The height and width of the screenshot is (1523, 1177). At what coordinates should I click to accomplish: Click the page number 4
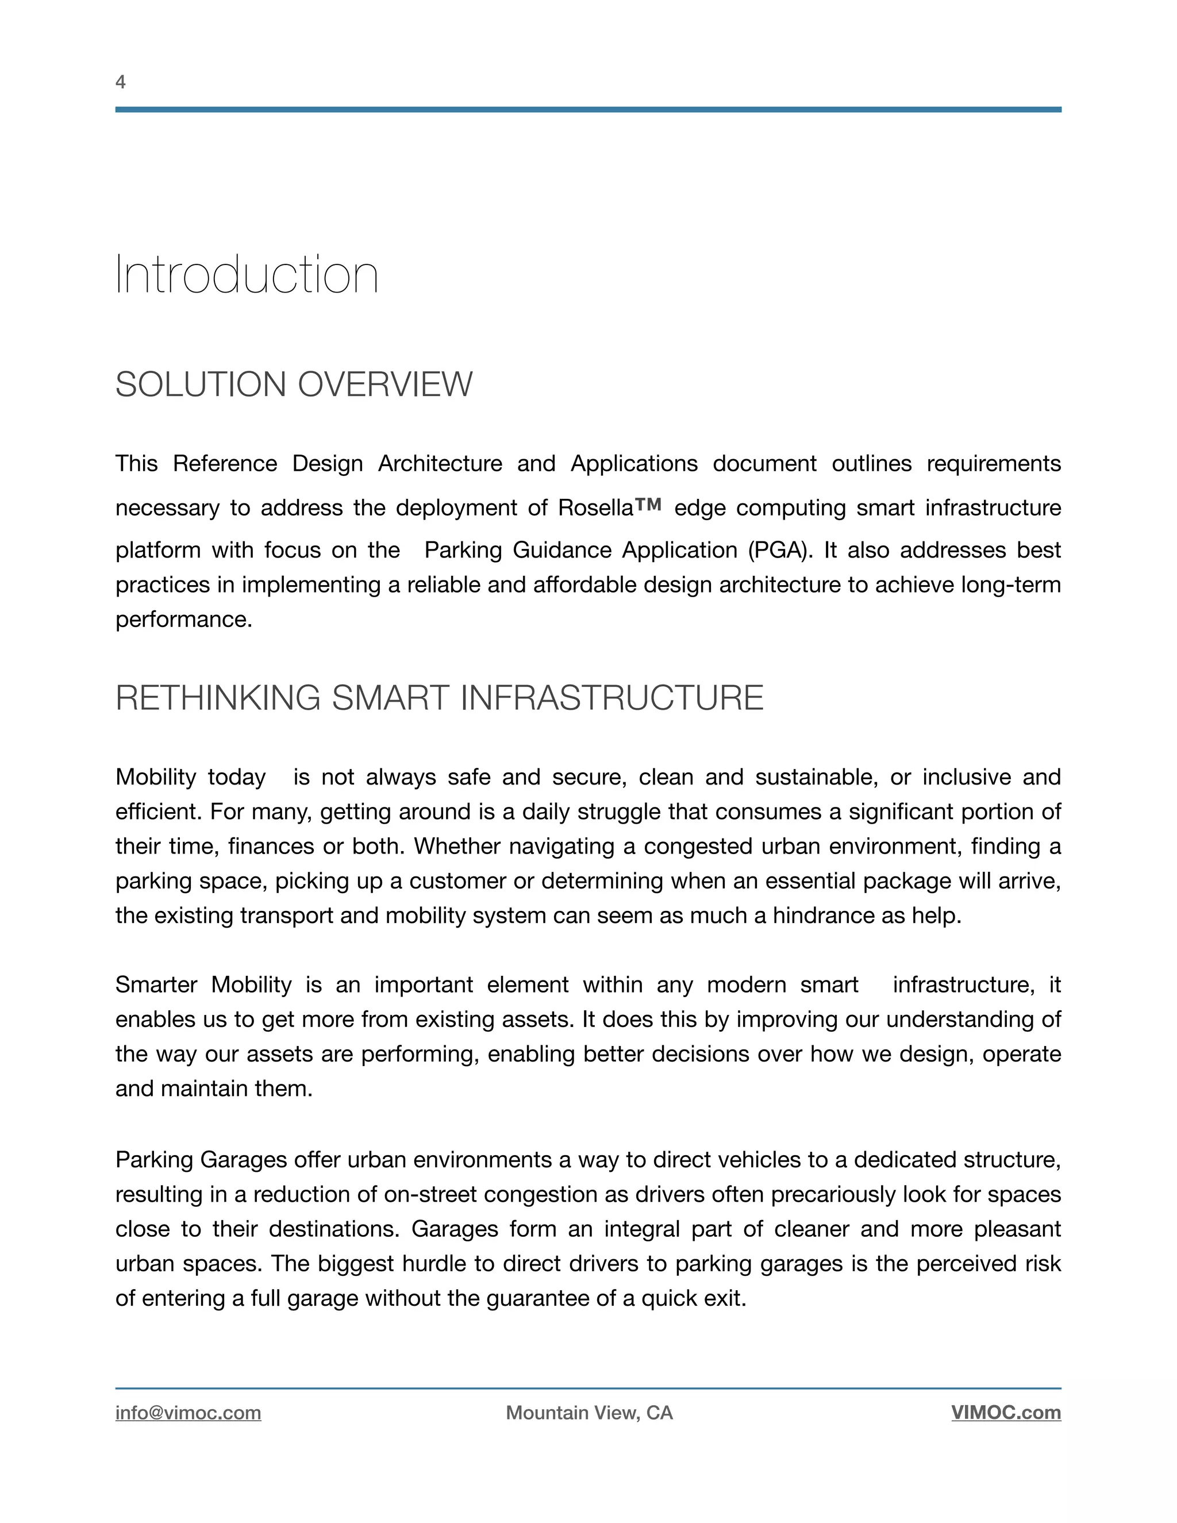tap(120, 82)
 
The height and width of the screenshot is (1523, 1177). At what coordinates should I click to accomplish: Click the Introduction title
tap(246, 275)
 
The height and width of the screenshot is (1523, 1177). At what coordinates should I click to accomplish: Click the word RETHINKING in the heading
tap(218, 698)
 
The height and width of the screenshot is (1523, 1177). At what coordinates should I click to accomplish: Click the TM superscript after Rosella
tap(648, 503)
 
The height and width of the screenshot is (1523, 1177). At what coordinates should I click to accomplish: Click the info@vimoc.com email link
tap(189, 1413)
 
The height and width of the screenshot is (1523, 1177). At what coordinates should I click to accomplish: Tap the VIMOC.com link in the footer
tap(1006, 1413)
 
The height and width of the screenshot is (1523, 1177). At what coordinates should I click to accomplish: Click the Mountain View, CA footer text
tap(589, 1413)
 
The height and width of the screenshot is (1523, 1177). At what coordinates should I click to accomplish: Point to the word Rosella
tap(595, 507)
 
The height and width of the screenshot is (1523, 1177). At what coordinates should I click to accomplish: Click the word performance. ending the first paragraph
tap(183, 619)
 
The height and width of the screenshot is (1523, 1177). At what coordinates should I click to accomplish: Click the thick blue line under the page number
tap(588, 109)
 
